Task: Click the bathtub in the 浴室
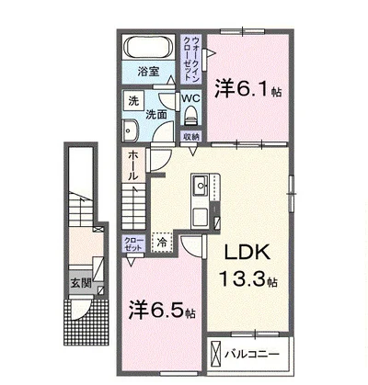tap(148, 48)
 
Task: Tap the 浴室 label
tap(148, 72)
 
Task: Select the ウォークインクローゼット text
tap(191, 59)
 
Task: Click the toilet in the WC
tap(191, 116)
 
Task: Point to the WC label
tap(191, 98)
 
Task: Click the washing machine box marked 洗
tap(133, 100)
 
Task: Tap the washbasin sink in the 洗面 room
tap(130, 130)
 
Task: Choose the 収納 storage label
tap(191, 137)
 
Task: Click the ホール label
tap(132, 165)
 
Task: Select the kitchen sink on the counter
tap(201, 186)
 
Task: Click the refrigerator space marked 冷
tap(162, 243)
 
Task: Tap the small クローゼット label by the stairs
tap(133, 243)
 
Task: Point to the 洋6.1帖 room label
tap(248, 88)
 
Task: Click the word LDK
tap(247, 253)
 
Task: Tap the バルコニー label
tap(252, 355)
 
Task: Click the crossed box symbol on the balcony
tap(216, 355)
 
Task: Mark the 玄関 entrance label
tap(82, 283)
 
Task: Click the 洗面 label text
tap(156, 115)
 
